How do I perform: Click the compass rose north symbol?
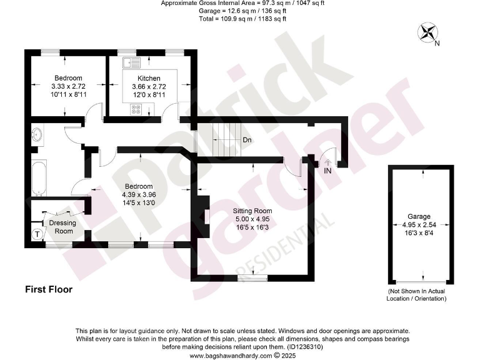click(429, 33)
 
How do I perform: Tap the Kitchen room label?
click(141, 78)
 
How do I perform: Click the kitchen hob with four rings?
click(135, 109)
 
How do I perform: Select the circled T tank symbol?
click(38, 234)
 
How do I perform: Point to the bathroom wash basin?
click(36, 134)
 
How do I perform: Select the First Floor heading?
click(49, 289)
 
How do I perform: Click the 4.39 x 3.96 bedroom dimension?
click(138, 194)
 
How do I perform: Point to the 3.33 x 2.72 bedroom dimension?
click(68, 86)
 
